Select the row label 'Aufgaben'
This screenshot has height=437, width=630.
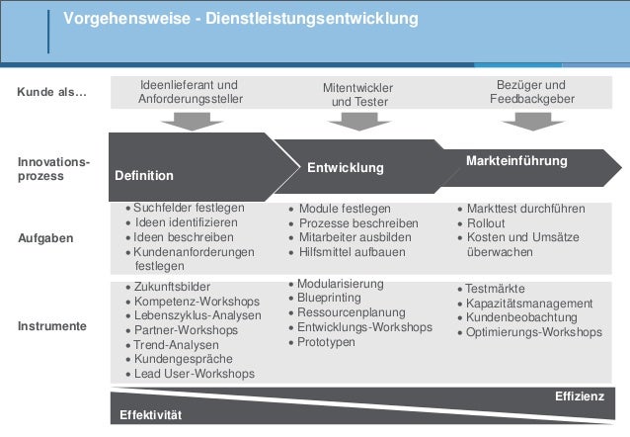[x=45, y=238]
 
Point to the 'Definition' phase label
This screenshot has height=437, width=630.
[x=144, y=176]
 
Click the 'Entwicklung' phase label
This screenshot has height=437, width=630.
[x=346, y=168]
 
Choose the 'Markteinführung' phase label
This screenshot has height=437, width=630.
[x=515, y=160]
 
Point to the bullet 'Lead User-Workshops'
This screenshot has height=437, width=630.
[x=195, y=374]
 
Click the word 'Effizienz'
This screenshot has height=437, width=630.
[x=580, y=396]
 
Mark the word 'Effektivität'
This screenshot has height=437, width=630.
[x=151, y=413]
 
